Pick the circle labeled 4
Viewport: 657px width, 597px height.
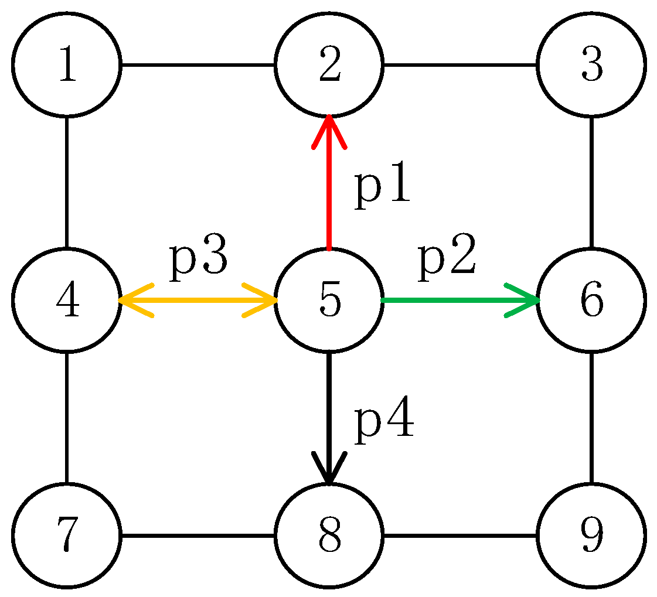(67, 300)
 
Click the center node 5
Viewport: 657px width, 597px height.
(329, 300)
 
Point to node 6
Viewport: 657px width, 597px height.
(591, 300)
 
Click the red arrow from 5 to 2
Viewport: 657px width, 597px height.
(329, 187)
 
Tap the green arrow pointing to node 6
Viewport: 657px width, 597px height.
(457, 300)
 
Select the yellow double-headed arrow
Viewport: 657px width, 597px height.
(198, 300)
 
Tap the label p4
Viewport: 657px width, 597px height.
(384, 422)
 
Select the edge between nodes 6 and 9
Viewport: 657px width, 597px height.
(591, 418)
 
